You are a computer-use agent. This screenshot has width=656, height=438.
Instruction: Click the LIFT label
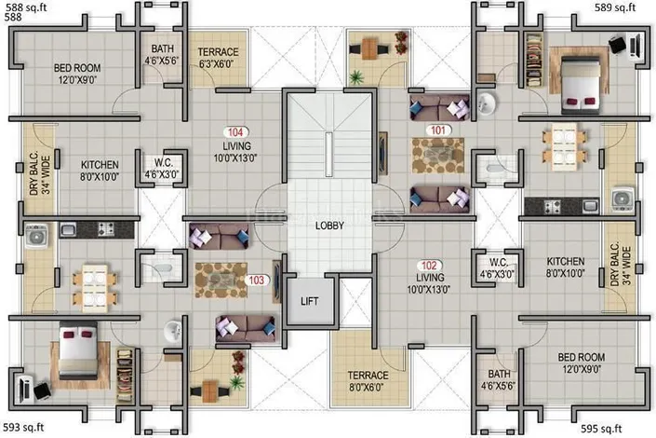[309, 301]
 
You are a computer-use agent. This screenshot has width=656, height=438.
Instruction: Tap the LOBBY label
[329, 226]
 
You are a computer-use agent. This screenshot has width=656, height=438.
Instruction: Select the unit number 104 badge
[235, 132]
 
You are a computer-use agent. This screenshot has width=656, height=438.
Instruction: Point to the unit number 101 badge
[438, 130]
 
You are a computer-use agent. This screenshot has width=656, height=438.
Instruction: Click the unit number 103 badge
[257, 280]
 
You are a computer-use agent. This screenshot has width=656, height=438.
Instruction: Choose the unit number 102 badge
[429, 266]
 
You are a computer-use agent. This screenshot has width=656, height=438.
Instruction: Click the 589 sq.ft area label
[615, 7]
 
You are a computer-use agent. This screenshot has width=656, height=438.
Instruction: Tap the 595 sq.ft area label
[601, 429]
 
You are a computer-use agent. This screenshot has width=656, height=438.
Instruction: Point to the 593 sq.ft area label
[23, 427]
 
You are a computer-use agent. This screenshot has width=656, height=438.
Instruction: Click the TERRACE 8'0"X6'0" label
[368, 381]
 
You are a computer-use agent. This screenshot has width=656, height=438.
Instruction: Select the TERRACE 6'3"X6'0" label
[218, 58]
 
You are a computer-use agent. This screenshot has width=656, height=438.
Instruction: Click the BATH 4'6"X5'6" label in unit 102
[499, 379]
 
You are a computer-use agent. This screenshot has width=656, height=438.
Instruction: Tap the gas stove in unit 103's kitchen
[105, 229]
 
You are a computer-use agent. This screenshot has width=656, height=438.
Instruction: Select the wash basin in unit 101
[486, 103]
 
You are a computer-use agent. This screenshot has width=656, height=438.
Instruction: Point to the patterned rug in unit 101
[437, 156]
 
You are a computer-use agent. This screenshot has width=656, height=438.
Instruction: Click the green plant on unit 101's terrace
[356, 76]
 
